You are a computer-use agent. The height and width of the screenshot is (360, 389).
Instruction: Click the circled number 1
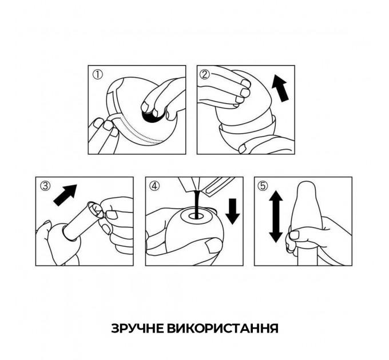(97, 75)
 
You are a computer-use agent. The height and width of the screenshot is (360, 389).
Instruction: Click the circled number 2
(204, 74)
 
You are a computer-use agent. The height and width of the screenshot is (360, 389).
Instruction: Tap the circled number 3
(45, 186)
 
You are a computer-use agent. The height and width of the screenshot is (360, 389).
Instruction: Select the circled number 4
(154, 186)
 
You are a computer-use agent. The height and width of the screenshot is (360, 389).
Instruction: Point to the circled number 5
(263, 186)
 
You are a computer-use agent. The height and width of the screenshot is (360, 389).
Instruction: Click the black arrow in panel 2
(280, 89)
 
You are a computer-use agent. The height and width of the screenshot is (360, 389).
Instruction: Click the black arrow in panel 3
(65, 195)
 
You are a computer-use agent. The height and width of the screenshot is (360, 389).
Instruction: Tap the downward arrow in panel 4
(232, 211)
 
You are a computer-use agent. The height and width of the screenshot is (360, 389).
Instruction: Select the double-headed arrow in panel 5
(276, 217)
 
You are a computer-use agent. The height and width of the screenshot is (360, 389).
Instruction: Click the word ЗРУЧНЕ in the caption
(137, 329)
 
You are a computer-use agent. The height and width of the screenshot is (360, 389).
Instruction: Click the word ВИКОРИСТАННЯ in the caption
(223, 329)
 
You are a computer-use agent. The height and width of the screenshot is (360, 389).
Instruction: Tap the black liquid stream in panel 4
(197, 204)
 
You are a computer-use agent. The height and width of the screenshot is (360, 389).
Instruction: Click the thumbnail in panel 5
(295, 235)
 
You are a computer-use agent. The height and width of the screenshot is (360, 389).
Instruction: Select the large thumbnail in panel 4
(211, 246)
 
